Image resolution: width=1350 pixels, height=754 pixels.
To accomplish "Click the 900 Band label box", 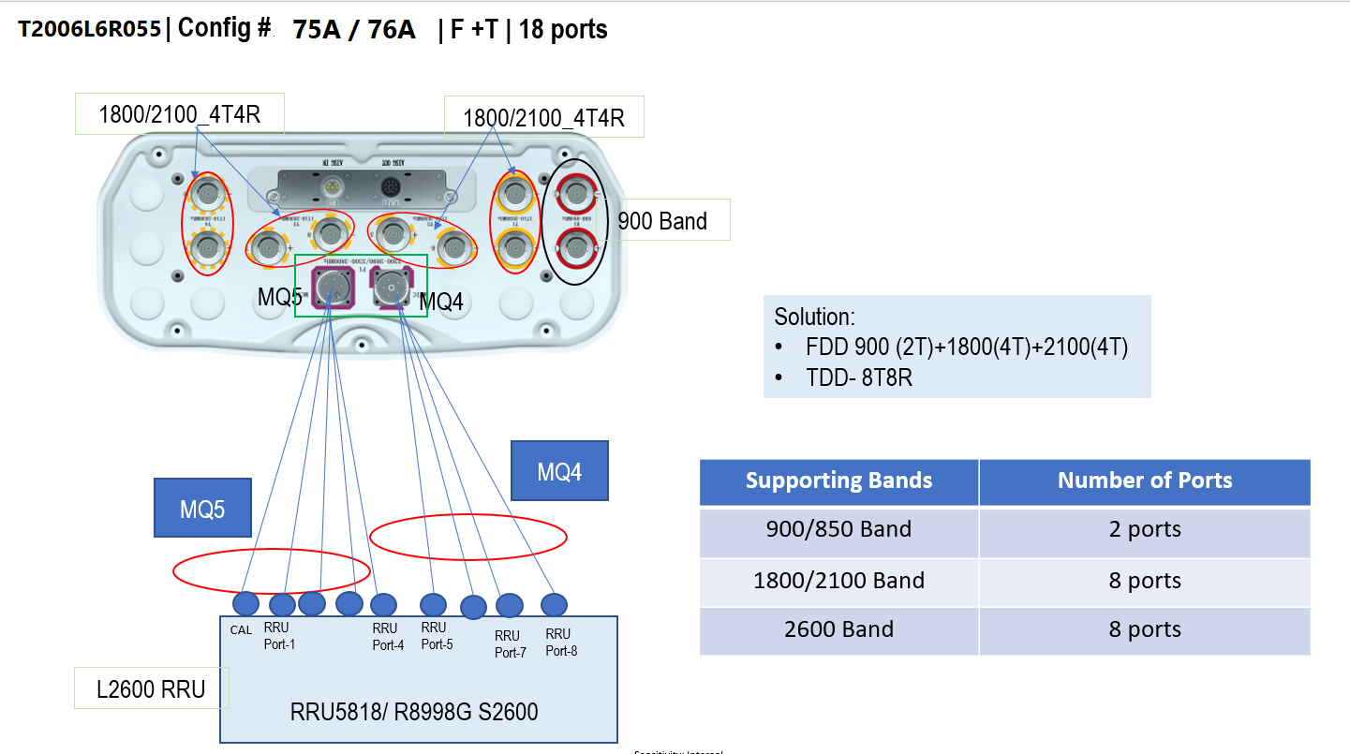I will tap(662, 221).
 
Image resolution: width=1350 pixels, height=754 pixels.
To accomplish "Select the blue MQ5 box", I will tap(202, 509).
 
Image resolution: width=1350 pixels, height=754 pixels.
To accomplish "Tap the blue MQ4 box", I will tap(559, 471).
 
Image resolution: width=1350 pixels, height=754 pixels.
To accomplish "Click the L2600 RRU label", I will tap(151, 689).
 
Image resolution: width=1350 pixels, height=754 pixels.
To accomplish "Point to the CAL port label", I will tap(241, 630).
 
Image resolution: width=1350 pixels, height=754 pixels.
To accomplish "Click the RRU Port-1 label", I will tap(279, 636).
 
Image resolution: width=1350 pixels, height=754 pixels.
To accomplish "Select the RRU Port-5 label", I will tap(436, 636).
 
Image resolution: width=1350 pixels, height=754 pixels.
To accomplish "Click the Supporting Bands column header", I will tap(838, 481).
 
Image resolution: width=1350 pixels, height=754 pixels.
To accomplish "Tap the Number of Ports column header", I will tap(1144, 481).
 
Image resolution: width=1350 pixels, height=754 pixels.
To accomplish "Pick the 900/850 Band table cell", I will tap(838, 529).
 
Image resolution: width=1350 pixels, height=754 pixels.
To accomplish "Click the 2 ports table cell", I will tap(1144, 529).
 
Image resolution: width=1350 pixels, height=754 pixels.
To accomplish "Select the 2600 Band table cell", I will tap(838, 629).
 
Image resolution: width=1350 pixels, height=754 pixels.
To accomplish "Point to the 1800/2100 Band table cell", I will tap(838, 581).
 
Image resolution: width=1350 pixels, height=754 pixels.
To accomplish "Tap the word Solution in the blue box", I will tap(814, 317).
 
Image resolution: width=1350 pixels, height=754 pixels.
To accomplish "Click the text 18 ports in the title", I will tap(563, 29).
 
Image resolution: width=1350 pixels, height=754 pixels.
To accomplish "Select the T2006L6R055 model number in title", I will tap(89, 29).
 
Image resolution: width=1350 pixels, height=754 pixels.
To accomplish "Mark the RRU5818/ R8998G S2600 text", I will tap(414, 712).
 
